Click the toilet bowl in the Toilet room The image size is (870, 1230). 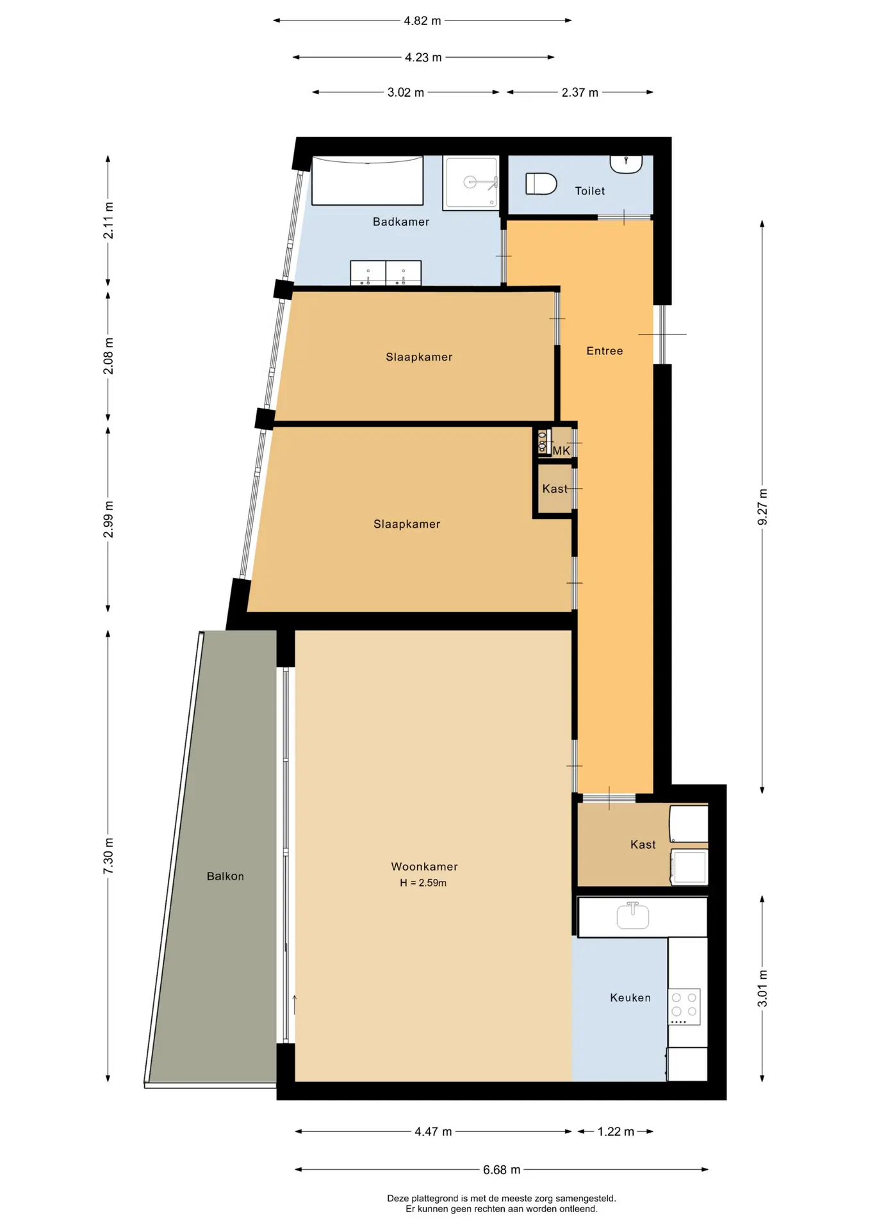pos(541,184)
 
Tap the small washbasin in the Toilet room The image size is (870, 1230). pos(626,164)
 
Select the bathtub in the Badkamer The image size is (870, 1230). pos(367,180)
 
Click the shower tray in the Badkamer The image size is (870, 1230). pos(471,183)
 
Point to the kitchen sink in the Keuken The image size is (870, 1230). pos(632,915)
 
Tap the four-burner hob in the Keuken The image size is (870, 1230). pos(684,1006)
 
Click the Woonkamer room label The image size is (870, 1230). pos(424,867)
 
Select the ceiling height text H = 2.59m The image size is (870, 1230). pos(423,883)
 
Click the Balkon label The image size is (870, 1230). pos(225,876)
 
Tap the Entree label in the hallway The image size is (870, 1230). pos(604,351)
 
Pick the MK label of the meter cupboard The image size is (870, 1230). pos(561,451)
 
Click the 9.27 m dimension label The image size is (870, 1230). pos(762,507)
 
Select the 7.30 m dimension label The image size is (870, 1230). pos(108,856)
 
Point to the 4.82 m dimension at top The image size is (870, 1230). pos(422,20)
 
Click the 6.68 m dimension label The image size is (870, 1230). pos(502,1170)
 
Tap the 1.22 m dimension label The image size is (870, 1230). pos(616,1131)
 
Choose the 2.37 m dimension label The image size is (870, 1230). pos(580,92)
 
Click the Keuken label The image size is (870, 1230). pos(630,997)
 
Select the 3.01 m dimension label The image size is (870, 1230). pos(762,988)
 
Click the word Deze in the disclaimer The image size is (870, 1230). pos(398,1198)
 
